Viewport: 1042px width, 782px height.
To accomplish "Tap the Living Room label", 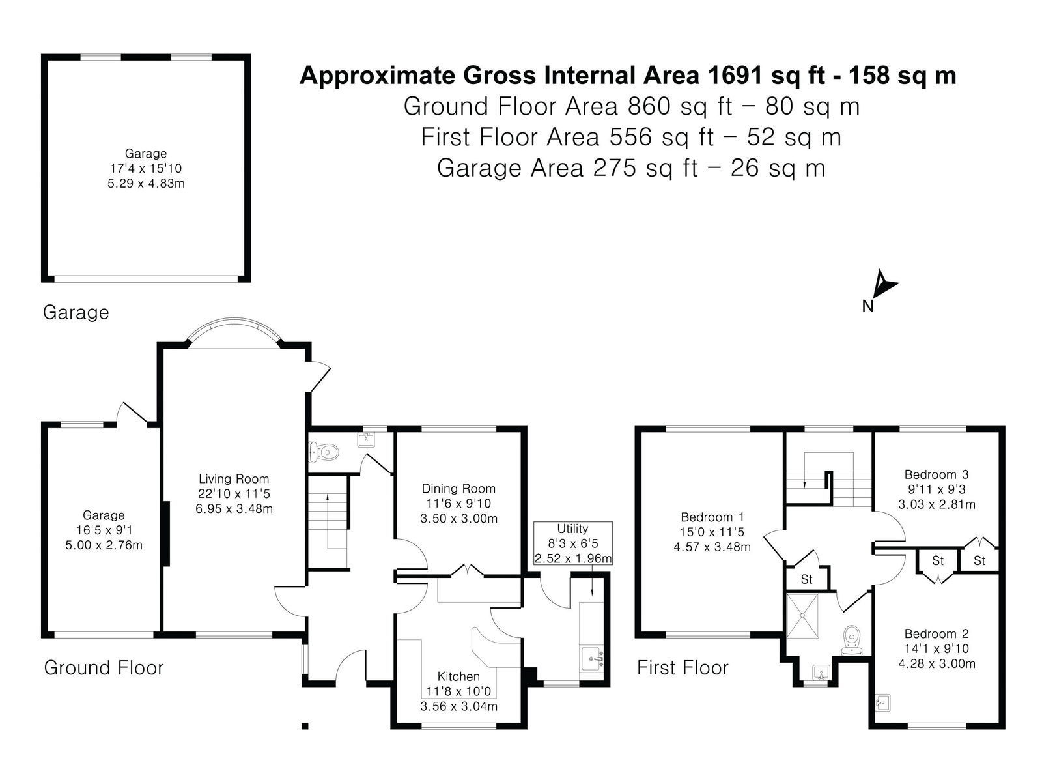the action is [234, 478].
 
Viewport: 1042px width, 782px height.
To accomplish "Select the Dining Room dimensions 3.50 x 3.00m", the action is [458, 519].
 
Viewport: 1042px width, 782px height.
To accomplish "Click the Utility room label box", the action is [572, 543].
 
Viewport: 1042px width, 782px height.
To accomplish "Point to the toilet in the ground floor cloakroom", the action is [324, 452].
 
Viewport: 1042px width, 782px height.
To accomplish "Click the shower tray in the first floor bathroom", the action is [802, 615].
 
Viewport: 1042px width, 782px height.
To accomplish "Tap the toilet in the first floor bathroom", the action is [852, 639].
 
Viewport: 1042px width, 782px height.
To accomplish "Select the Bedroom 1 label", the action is [712, 517].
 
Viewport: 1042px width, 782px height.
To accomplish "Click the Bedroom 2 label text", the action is [936, 634].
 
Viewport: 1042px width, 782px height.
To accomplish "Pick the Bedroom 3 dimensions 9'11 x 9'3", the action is [936, 489].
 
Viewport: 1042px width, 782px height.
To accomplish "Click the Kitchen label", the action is [458, 676].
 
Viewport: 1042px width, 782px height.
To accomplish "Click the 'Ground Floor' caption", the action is [104, 668].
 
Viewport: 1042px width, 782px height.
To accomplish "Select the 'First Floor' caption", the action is [682, 668].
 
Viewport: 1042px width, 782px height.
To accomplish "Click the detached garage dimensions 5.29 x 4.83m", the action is [146, 183].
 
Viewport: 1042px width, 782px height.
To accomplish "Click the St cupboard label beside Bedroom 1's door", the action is [806, 579].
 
